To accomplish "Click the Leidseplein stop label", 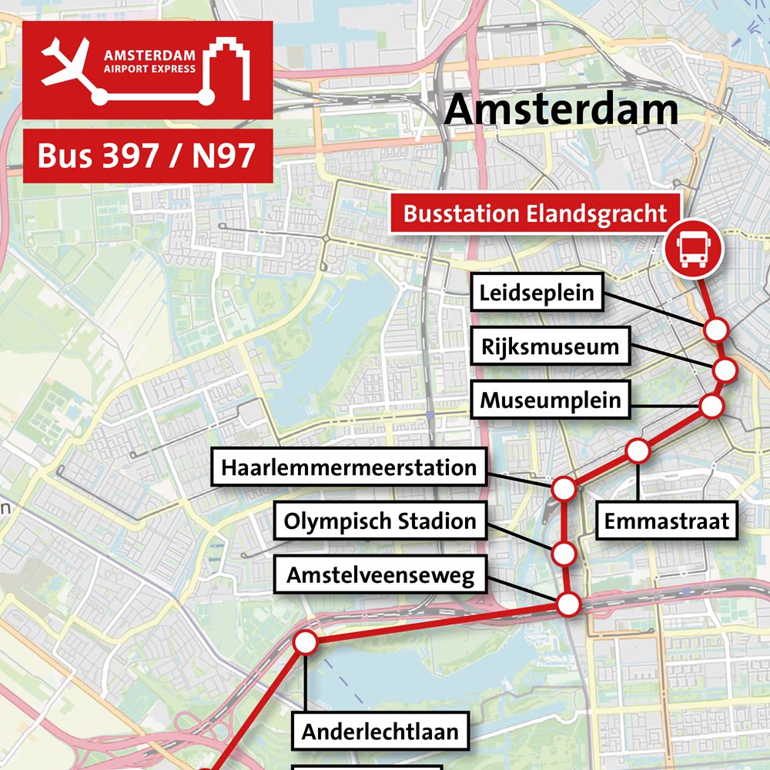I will pos(537,293).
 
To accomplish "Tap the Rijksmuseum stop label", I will pos(550,346).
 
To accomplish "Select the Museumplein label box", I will pos(550,400).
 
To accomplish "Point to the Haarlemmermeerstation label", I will pos(349,467).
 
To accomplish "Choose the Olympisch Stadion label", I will pos(380,521).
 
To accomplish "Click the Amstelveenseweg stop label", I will pos(380,575).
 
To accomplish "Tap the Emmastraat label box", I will pos(666,521).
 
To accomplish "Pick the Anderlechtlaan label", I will pos(380,731).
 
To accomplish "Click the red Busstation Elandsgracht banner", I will pos(535,213).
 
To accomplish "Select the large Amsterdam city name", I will pos(561,109).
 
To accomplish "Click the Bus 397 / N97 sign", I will pos(146,156).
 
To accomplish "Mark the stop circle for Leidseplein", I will pos(716,330).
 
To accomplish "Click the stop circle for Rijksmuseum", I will pos(725,370).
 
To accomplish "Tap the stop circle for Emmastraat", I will pos(638,451).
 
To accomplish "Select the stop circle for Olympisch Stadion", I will pos(564,553).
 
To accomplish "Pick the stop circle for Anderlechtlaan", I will pos(306,642).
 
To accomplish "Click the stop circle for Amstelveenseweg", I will pos(568,604).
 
